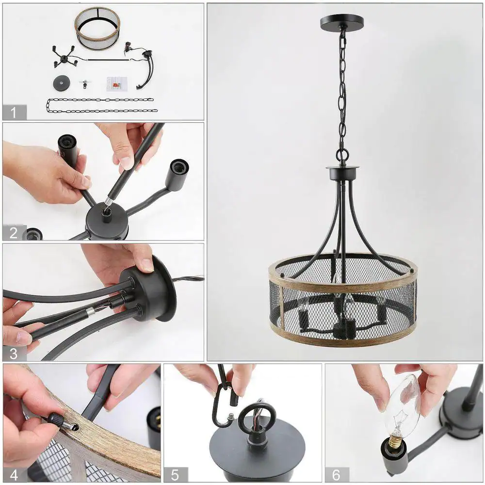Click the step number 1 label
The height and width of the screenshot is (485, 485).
click(x=14, y=113)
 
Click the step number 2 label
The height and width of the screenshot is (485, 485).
click(x=14, y=233)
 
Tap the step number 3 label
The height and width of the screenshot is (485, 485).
click(x=14, y=354)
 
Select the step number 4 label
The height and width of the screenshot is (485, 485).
click(x=14, y=475)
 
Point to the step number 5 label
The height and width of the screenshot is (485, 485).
click(x=175, y=475)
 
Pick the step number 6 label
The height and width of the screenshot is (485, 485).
click(x=337, y=475)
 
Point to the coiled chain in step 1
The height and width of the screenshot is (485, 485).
click(x=102, y=106)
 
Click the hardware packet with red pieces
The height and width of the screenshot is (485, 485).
click(x=117, y=84)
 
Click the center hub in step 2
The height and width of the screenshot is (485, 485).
click(x=107, y=221)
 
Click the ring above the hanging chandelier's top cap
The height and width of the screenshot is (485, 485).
click(x=342, y=153)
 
